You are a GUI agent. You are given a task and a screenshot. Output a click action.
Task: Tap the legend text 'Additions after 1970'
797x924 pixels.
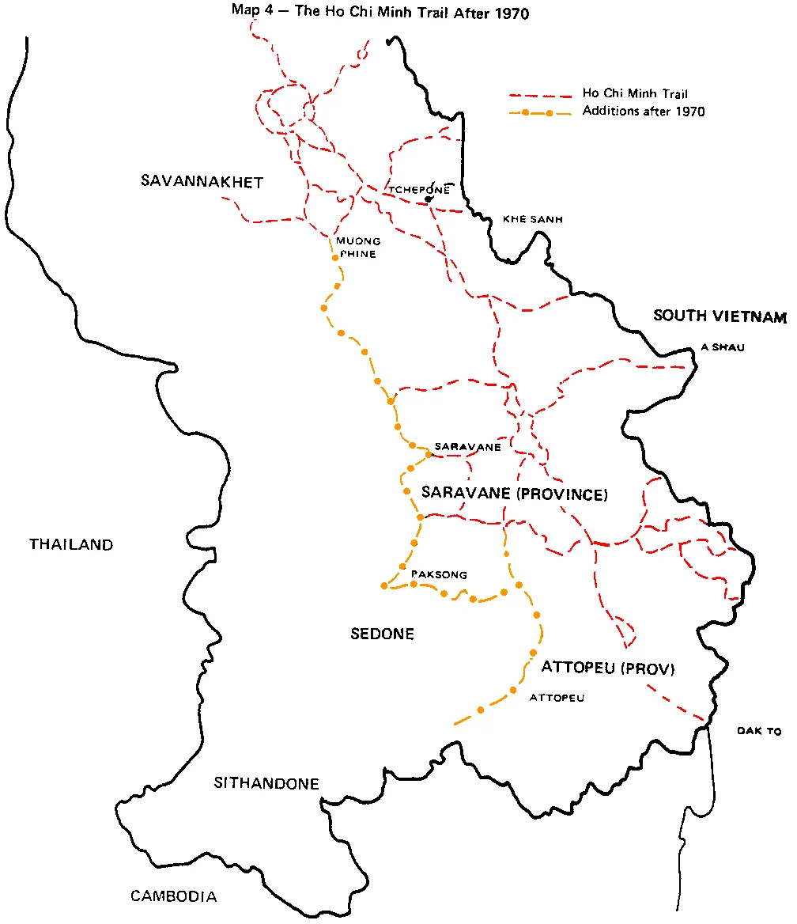(x=643, y=112)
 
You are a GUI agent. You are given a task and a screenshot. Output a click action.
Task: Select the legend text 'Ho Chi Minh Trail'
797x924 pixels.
(x=630, y=94)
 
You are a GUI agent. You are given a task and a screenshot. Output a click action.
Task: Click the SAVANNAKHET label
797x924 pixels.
(x=202, y=182)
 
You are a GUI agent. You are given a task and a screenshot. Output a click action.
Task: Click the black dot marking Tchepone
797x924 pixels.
(x=428, y=199)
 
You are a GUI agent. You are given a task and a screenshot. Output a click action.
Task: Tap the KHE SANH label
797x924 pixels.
(x=532, y=219)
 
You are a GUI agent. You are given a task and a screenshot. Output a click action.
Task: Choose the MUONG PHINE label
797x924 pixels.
(x=357, y=248)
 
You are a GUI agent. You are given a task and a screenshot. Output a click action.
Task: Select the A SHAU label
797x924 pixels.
(x=723, y=347)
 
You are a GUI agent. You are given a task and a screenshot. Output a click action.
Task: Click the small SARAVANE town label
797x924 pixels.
(x=467, y=447)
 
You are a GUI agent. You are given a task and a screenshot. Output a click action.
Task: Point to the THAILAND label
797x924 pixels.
(x=71, y=544)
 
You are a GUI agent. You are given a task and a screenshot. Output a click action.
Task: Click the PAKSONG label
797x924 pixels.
(x=439, y=575)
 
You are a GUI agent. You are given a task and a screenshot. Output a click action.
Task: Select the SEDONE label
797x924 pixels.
(x=382, y=634)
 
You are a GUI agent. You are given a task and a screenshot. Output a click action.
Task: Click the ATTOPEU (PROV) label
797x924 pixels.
(x=607, y=668)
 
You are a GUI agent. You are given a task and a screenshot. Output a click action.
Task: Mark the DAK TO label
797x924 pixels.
(x=758, y=732)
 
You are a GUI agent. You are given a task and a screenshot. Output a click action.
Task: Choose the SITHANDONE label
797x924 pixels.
(x=266, y=784)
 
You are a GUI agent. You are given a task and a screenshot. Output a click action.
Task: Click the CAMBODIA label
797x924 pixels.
(x=173, y=896)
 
